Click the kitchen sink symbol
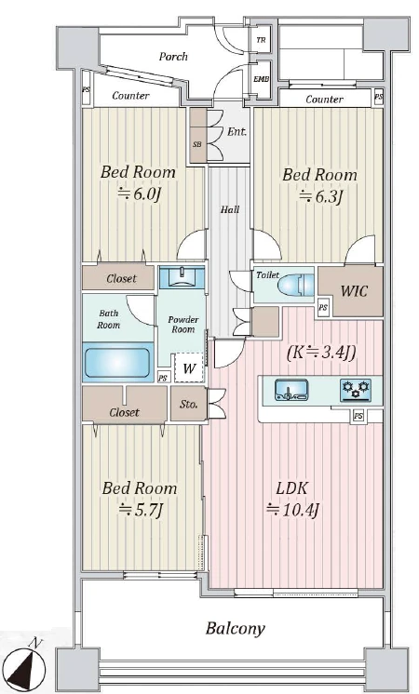[x=291, y=390]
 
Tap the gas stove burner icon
[x=356, y=390]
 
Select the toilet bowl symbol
[x=295, y=285]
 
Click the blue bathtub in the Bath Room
[x=117, y=362]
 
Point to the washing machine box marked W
[x=189, y=367]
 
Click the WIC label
[x=354, y=291]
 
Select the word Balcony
[x=236, y=629]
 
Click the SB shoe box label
[x=197, y=144]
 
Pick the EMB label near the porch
[x=261, y=79]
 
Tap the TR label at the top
[x=261, y=40]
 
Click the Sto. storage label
[x=189, y=404]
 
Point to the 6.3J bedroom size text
[x=321, y=196]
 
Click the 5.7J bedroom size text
[x=142, y=510]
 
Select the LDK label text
[x=291, y=488]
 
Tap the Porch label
[x=173, y=56]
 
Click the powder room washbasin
[x=182, y=277]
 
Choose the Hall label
[x=230, y=210]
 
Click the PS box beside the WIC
[x=323, y=307]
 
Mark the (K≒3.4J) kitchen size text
[x=321, y=353]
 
